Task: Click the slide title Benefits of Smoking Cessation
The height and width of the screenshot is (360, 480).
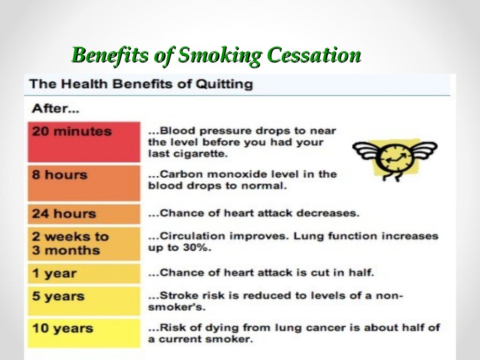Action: click(x=217, y=55)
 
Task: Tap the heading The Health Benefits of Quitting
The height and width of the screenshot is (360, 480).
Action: click(x=141, y=84)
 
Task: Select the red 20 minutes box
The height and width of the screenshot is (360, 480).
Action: click(x=84, y=142)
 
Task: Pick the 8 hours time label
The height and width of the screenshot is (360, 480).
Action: click(x=60, y=175)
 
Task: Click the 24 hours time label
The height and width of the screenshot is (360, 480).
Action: click(x=64, y=214)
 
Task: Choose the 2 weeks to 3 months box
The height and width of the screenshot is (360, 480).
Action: click(x=84, y=243)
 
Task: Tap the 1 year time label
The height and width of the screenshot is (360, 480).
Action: click(x=54, y=273)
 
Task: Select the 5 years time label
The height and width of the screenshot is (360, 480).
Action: click(x=58, y=296)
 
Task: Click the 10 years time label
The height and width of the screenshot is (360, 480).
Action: click(x=62, y=328)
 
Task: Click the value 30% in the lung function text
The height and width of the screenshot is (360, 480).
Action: click(x=199, y=247)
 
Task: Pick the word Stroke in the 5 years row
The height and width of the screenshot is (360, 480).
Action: click(x=175, y=296)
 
